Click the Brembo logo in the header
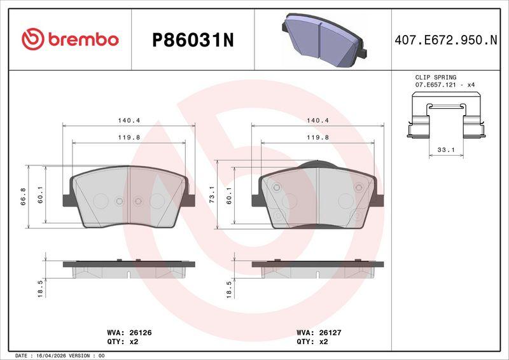70,39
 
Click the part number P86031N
193,41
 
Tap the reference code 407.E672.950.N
446,40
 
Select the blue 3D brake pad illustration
324,40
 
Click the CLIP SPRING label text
436,77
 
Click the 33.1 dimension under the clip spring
446,150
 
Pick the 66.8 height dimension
23,197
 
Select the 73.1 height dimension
212,195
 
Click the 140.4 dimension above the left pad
129,120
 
